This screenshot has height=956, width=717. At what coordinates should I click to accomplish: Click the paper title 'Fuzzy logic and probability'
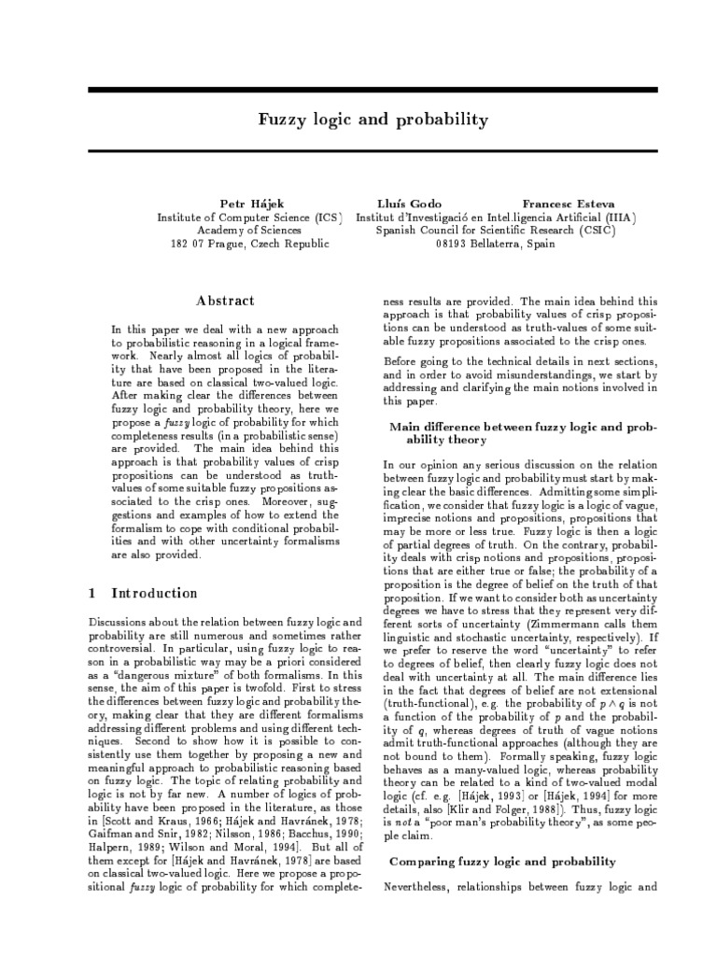373,120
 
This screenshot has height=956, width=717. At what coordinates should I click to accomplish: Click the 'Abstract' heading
224,301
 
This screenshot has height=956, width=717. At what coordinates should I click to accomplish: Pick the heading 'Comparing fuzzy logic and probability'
501,861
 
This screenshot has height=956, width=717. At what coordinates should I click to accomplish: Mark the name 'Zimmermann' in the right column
562,622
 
